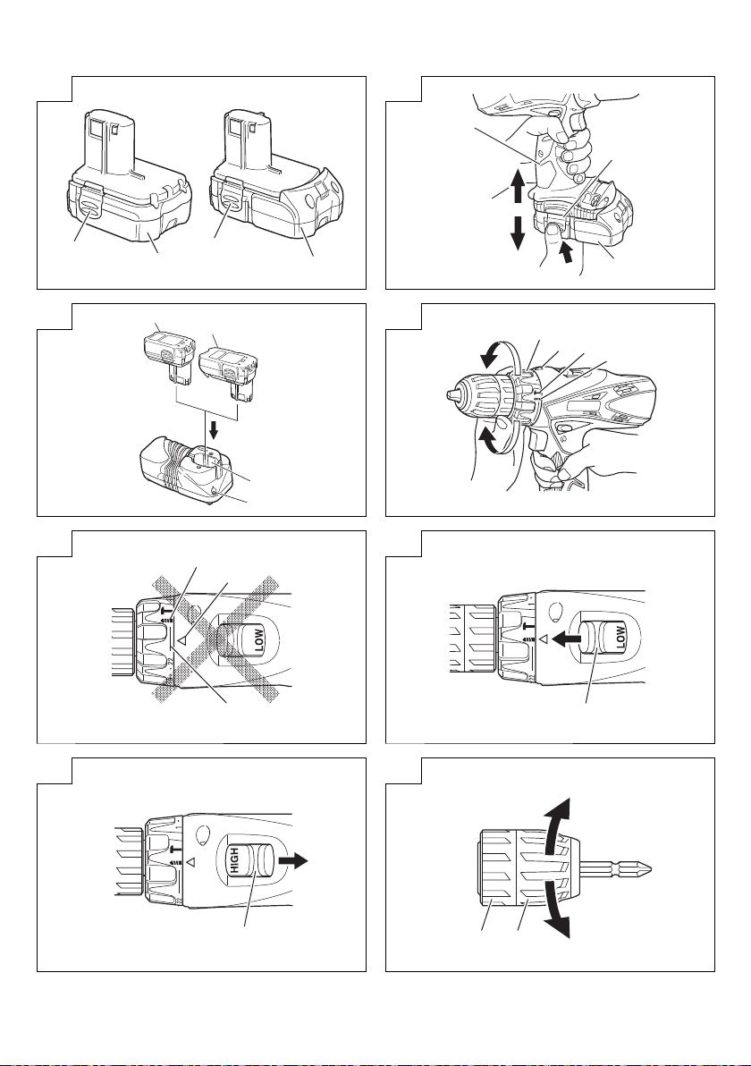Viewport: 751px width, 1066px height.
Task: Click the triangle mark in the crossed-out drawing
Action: [181, 640]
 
